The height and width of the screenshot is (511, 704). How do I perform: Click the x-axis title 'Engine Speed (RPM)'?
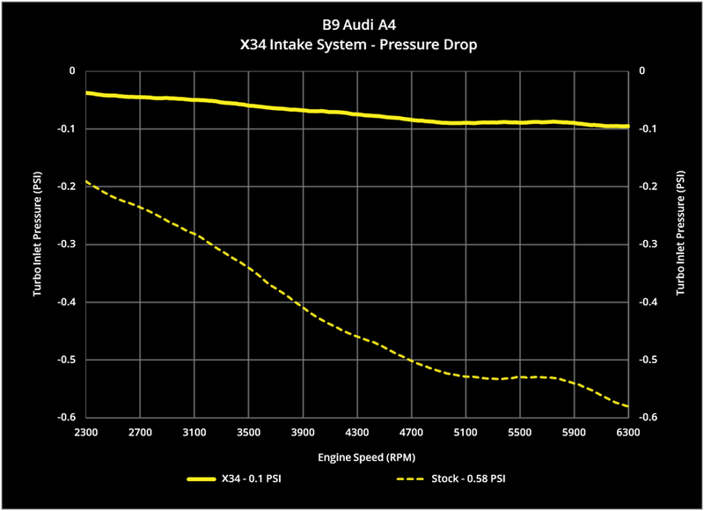point(357,458)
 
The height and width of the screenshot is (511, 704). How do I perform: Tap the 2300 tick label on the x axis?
point(86,433)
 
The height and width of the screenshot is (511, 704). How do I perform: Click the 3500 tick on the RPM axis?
point(249,433)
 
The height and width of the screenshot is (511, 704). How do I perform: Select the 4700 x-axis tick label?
point(412,433)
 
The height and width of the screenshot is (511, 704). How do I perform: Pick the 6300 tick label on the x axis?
point(628,433)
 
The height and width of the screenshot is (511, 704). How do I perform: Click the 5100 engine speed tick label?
point(466,433)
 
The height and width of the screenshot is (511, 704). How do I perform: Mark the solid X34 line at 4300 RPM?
point(357,113)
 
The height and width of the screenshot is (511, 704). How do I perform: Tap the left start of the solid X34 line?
point(87,92)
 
